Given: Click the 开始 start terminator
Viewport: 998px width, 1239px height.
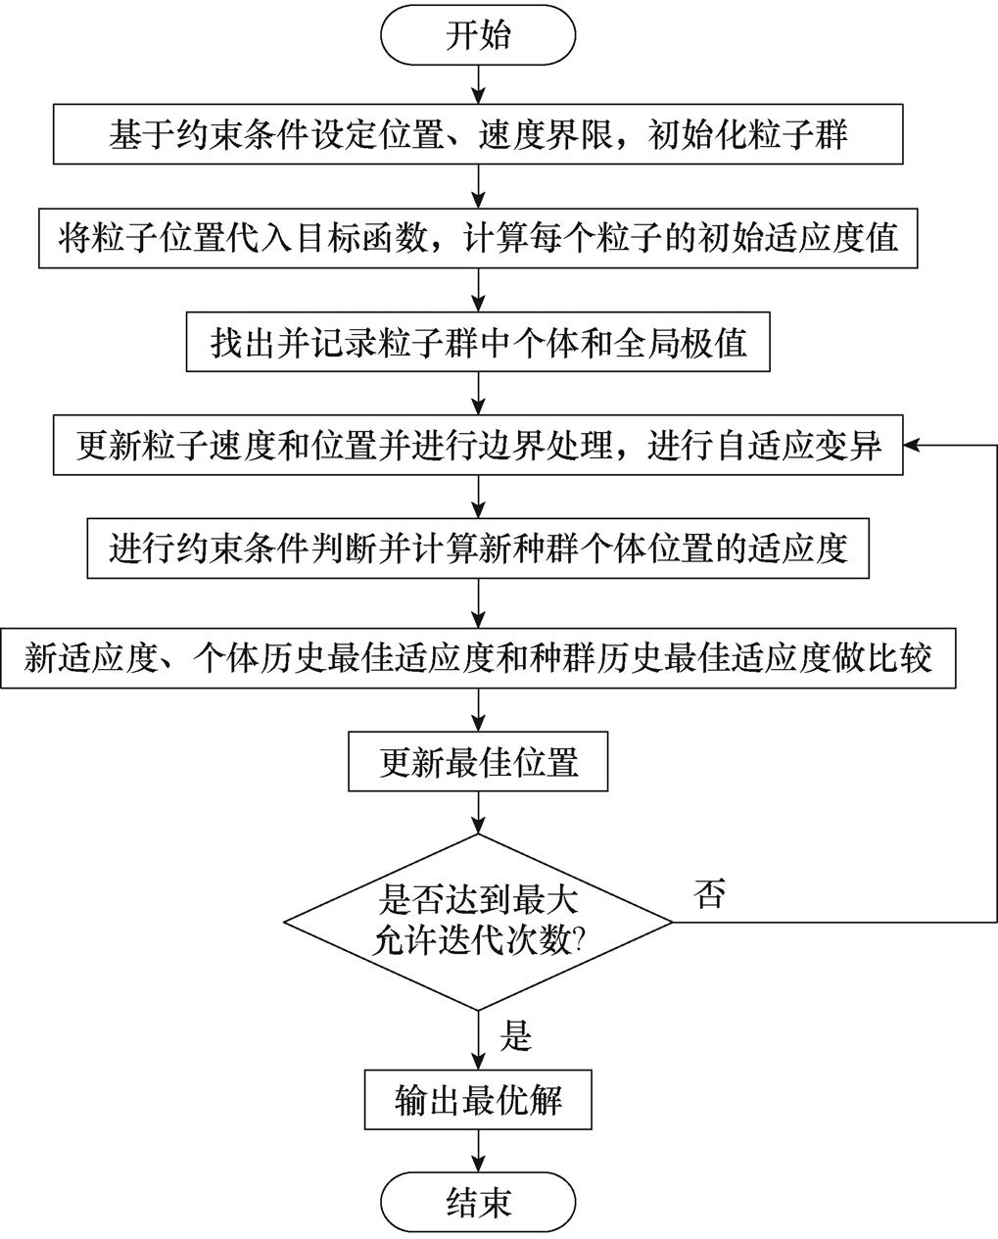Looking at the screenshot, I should [478, 35].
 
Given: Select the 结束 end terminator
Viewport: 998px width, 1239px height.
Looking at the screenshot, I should [478, 1201].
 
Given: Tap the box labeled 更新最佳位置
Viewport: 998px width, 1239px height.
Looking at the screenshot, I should [478, 763].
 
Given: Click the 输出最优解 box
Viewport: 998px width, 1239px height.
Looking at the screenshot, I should [478, 1100].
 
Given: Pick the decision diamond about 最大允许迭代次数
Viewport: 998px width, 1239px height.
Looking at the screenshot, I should [478, 922].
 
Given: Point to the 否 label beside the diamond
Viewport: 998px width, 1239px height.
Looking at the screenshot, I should [709, 894].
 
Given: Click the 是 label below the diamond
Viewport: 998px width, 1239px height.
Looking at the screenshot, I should [515, 1035].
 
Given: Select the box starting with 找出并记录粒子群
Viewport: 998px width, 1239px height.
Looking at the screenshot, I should [478, 343].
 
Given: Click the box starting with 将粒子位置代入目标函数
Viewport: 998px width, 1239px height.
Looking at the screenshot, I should [478, 238].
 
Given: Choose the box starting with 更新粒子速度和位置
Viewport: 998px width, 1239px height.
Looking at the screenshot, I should [478, 447].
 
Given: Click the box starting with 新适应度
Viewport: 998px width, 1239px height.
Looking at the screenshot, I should [478, 658].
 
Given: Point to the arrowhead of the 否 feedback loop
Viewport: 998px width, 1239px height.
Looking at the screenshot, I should [912, 447].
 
